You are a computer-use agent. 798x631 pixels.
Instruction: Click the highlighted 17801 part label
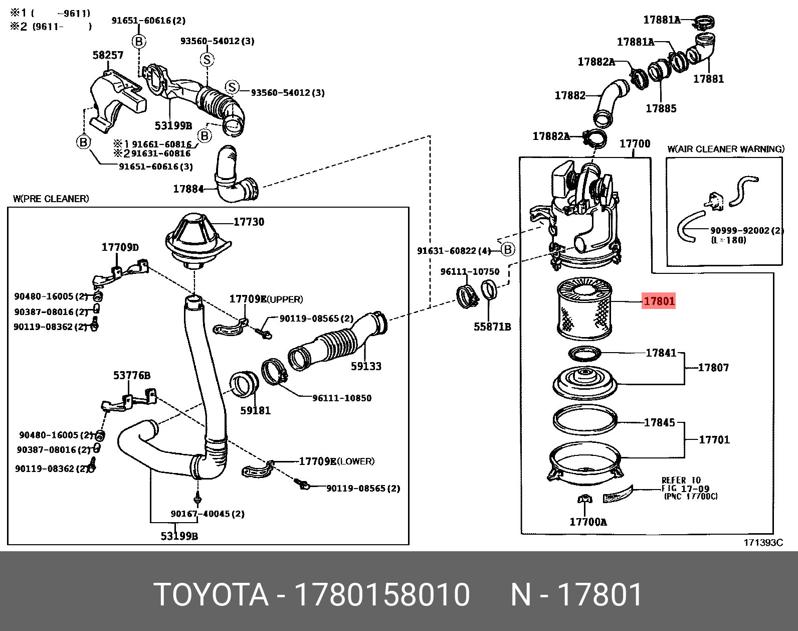point(659,300)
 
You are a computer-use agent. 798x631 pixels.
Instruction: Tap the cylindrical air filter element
point(584,309)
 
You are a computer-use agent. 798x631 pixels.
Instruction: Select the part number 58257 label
point(108,55)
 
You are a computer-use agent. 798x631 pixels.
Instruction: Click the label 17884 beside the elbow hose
point(189,189)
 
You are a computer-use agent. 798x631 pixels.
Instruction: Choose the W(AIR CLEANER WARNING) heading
point(726,149)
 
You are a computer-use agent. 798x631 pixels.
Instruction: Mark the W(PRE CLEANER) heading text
point(51,199)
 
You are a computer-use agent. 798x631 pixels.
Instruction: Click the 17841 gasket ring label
point(661,353)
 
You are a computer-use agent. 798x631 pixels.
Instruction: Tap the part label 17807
point(713,368)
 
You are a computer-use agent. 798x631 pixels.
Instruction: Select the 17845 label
point(659,422)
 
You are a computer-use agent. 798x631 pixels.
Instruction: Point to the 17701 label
point(714,440)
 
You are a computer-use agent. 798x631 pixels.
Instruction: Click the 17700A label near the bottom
point(588,522)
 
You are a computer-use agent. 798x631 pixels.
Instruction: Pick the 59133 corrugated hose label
point(366,366)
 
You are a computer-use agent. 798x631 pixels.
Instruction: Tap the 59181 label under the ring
point(255,410)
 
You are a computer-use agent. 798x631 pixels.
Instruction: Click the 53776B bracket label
point(132,376)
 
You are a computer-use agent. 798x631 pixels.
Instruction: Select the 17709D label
point(120,247)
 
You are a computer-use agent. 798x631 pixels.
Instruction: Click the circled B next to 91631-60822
point(508,249)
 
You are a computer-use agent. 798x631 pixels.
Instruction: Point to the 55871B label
point(492,327)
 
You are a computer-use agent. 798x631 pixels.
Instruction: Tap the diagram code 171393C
point(763,543)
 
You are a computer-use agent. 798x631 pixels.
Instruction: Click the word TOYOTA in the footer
point(211,594)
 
